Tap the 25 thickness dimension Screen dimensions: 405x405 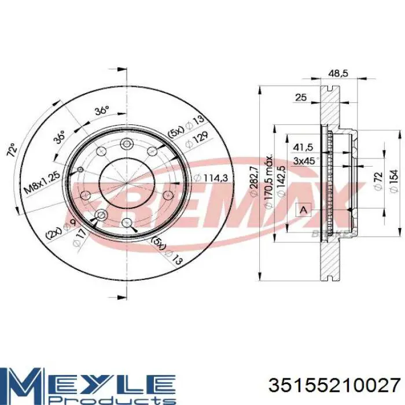300,98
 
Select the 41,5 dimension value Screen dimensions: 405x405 302,147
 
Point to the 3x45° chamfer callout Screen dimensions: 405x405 304,160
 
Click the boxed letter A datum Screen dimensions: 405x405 302,210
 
